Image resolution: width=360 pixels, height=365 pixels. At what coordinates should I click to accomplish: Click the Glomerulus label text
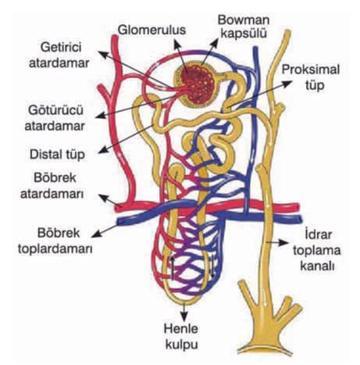[151, 30]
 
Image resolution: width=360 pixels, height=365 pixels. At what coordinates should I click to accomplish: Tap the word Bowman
[243, 20]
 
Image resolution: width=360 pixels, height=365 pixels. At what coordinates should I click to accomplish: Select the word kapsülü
[243, 34]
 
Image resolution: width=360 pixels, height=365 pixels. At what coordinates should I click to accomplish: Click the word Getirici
[61, 47]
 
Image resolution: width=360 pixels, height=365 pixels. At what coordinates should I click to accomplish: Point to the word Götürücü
[55, 110]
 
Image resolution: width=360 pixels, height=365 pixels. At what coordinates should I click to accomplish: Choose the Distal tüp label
[57, 154]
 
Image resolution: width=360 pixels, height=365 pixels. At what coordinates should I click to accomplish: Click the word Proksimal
[311, 70]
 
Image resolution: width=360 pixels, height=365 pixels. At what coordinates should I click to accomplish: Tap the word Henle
[180, 328]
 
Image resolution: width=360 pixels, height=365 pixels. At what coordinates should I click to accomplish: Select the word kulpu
[182, 345]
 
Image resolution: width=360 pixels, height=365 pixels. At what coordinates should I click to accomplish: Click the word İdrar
[318, 234]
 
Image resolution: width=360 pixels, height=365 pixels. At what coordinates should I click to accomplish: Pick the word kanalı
[317, 267]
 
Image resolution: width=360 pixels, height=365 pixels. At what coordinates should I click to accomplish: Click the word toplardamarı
[55, 249]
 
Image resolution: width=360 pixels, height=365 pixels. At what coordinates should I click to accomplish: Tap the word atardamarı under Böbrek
[52, 194]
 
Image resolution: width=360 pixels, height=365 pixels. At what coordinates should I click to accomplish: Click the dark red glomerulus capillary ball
[198, 84]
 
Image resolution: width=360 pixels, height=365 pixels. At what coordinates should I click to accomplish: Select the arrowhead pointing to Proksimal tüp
[287, 84]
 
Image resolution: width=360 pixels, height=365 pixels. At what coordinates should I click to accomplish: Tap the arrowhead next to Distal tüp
[102, 150]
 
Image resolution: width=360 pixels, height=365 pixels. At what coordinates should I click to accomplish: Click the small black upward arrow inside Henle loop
[172, 268]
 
